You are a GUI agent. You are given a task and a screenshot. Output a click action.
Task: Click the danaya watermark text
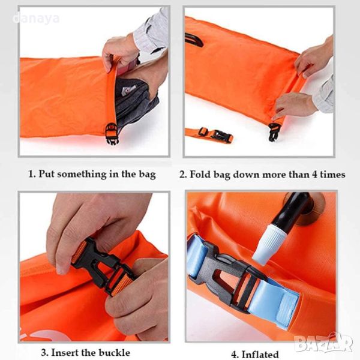pyautogui.click(x=36, y=19)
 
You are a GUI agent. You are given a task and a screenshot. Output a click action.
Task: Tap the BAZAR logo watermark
pyautogui.click(x=323, y=343)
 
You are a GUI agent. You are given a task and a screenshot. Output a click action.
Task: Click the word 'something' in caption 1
pyautogui.click(x=82, y=174)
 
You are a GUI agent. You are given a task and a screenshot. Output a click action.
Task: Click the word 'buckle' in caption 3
pyautogui.click(x=114, y=352)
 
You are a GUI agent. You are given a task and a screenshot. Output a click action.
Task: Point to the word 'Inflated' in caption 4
pyautogui.click(x=260, y=354)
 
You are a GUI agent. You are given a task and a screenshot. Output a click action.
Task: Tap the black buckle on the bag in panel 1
pyautogui.click(x=112, y=133)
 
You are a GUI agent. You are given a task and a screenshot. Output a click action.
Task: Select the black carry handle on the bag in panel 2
pyautogui.click(x=194, y=40)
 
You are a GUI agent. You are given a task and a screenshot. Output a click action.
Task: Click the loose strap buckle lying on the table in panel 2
pyautogui.click(x=218, y=135)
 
